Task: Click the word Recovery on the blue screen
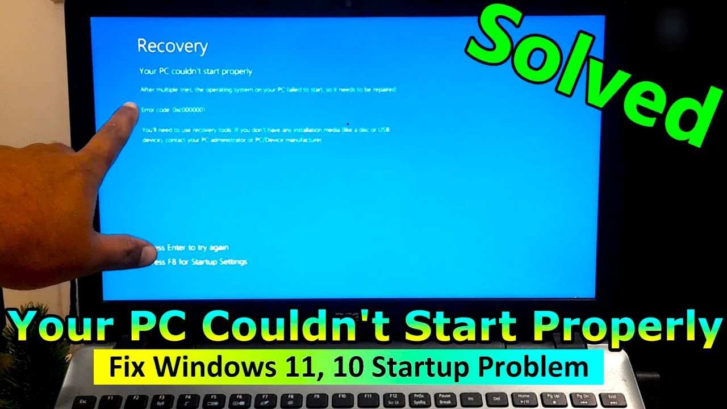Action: (173, 46)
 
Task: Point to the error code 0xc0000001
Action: (189, 109)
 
